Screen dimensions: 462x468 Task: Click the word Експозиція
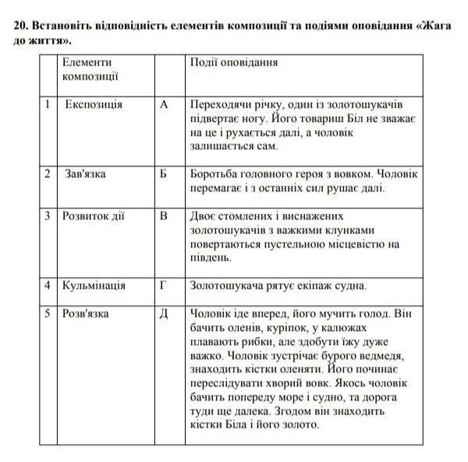click(94, 104)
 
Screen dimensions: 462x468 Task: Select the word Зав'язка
click(86, 173)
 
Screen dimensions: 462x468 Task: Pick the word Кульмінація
click(94, 286)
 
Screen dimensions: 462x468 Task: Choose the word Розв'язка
click(87, 313)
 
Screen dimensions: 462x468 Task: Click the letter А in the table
click(164, 104)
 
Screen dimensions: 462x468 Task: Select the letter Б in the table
click(164, 173)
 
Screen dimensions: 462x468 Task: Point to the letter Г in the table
click(164, 286)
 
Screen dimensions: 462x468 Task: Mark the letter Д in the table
click(164, 313)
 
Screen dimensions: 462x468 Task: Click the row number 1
click(48, 104)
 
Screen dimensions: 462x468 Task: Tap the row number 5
click(48, 313)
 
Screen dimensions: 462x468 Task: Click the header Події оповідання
click(234, 62)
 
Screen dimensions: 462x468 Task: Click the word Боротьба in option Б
click(216, 173)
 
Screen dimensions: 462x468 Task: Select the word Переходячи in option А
click(222, 104)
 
